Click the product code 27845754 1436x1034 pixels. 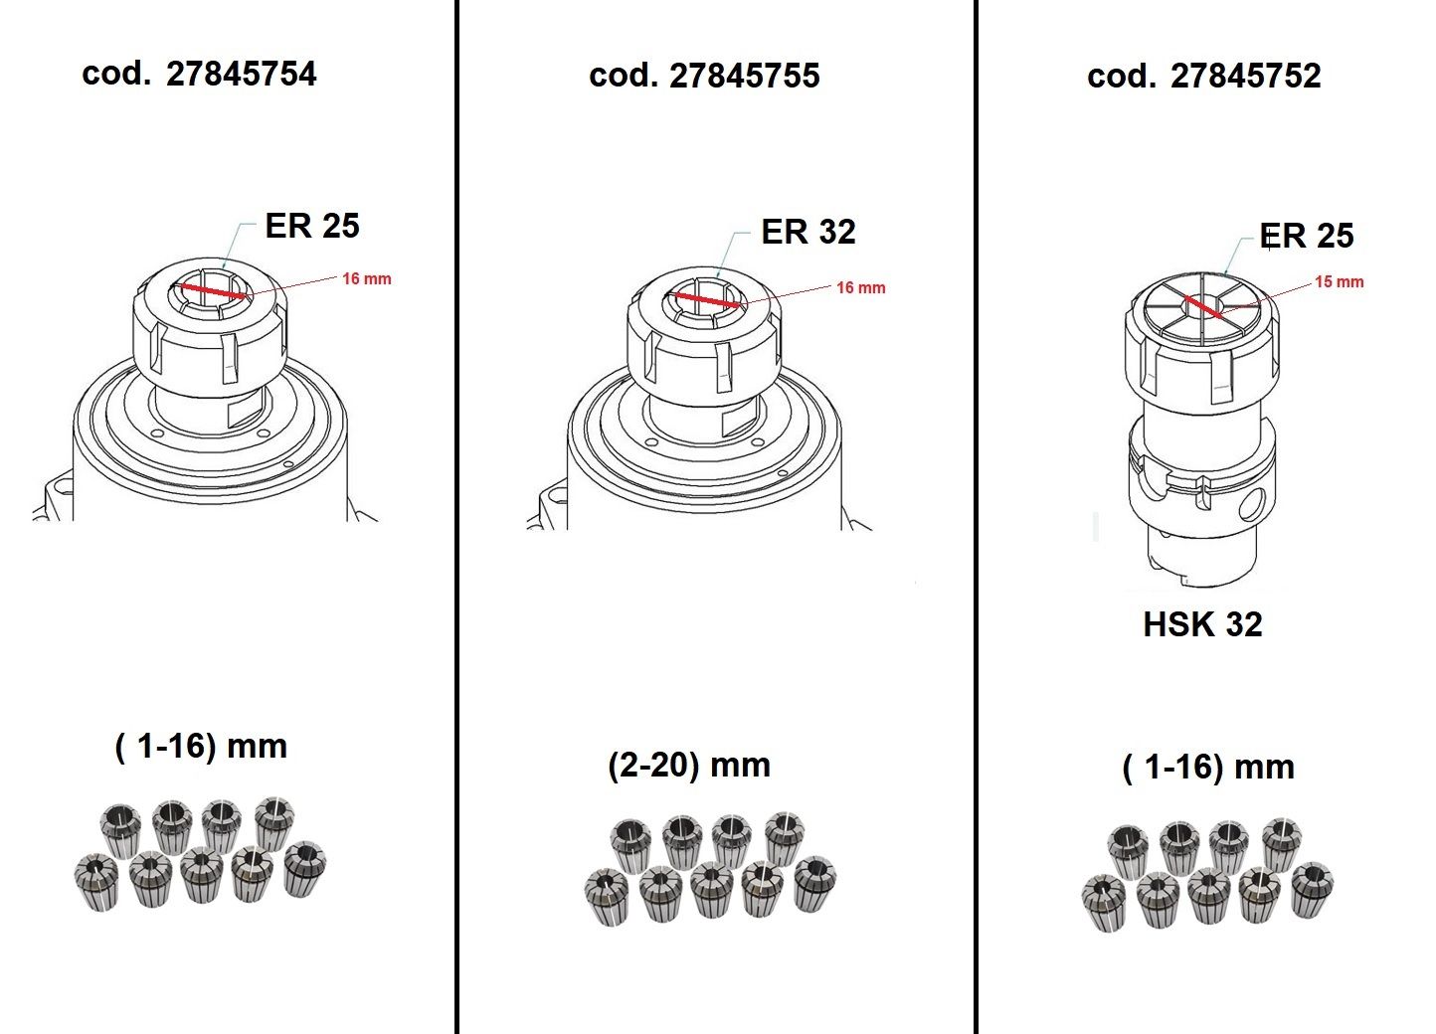241,74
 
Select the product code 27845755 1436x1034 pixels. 744,76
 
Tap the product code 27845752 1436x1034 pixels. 1246,76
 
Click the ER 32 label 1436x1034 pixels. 808,232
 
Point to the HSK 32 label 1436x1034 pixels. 1202,623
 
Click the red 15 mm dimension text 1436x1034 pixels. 1340,281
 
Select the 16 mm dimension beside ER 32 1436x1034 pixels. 861,287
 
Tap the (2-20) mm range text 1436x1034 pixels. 689,766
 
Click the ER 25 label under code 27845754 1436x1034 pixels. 312,226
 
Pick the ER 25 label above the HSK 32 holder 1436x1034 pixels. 1307,236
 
